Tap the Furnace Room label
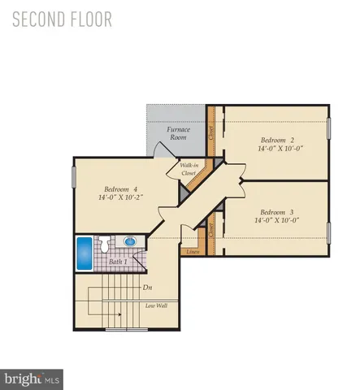tap(179, 134)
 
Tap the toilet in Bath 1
tap(106, 242)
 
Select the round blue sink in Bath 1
tap(129, 242)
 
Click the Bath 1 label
tap(119, 262)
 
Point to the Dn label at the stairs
tap(147, 287)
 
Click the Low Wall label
tap(157, 305)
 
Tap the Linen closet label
tap(193, 252)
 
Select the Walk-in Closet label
tap(190, 170)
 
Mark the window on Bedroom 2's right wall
tap(329, 128)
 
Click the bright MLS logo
tap(33, 377)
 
